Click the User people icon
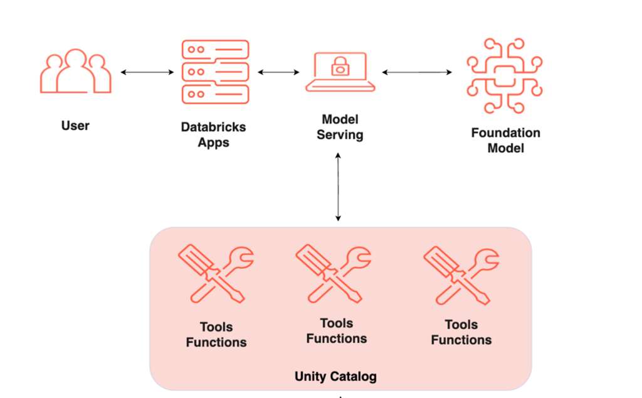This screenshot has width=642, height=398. click(x=75, y=72)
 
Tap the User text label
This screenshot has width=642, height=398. click(x=75, y=126)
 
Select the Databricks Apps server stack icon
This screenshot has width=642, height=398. click(x=215, y=72)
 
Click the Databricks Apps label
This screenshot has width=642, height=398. click(x=213, y=134)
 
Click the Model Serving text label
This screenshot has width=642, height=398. click(x=339, y=127)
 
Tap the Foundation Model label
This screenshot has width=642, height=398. click(x=505, y=141)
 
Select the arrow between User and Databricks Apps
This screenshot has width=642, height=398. click(x=147, y=73)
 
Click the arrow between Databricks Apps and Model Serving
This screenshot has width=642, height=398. click(x=278, y=73)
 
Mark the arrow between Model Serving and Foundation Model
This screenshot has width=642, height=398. click(x=417, y=73)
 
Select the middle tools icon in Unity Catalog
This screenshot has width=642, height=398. click(x=333, y=272)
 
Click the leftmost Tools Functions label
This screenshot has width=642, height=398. click(x=216, y=335)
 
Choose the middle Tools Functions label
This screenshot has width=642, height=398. click(x=337, y=331)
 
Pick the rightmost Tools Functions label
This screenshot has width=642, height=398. click(x=461, y=332)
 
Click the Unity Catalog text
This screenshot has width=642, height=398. click(x=335, y=377)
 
